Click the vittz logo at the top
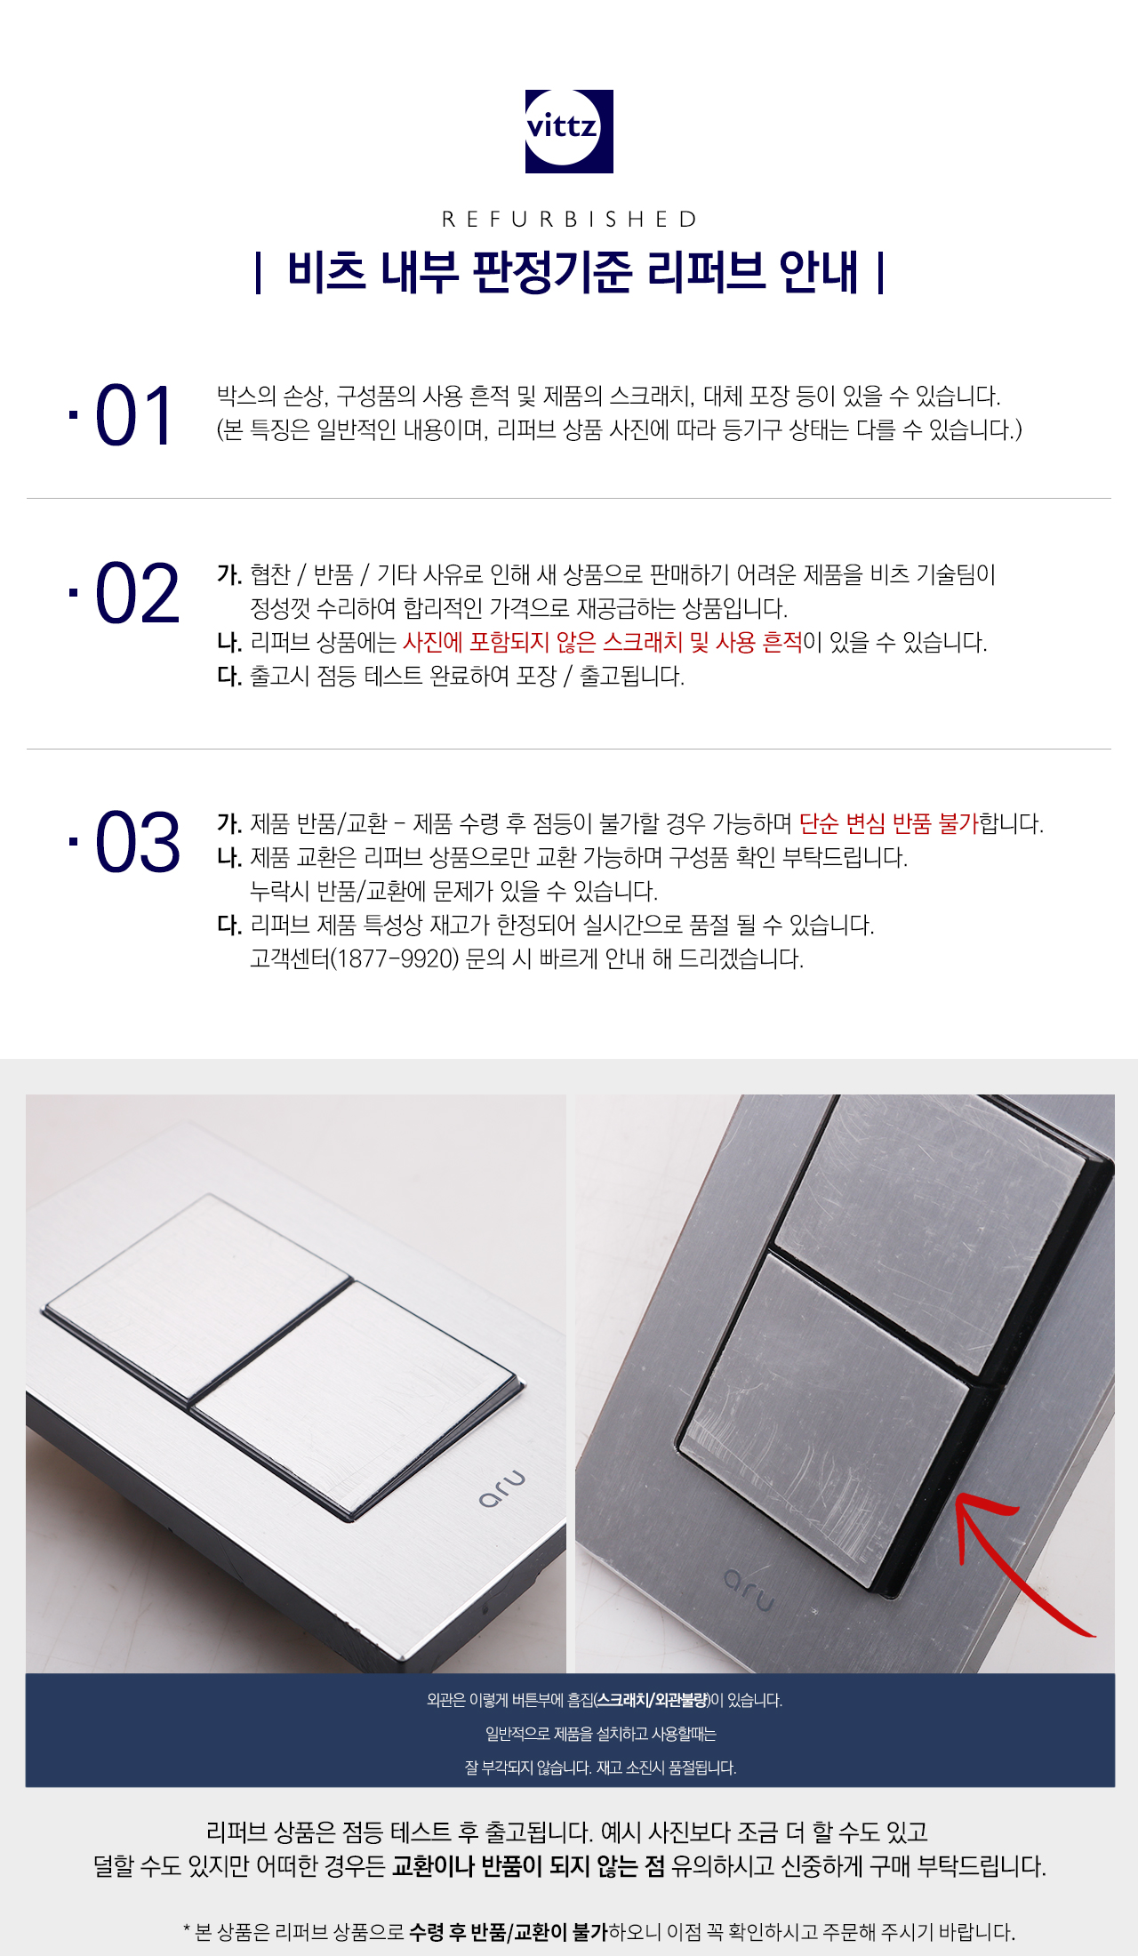point(569,131)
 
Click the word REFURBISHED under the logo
point(569,219)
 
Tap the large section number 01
point(133,416)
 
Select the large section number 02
point(137,594)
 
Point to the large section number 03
point(137,842)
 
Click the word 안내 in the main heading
point(818,272)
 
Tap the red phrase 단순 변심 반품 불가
point(887,823)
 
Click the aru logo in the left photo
point(502,1489)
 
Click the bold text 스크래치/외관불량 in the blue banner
point(652,1700)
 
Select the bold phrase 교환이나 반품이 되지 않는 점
point(528,1865)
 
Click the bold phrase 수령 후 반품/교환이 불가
point(509,1932)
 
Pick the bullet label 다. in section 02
point(229,677)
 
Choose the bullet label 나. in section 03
point(229,858)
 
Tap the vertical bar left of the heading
point(258,273)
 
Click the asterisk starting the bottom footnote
point(187,1929)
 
